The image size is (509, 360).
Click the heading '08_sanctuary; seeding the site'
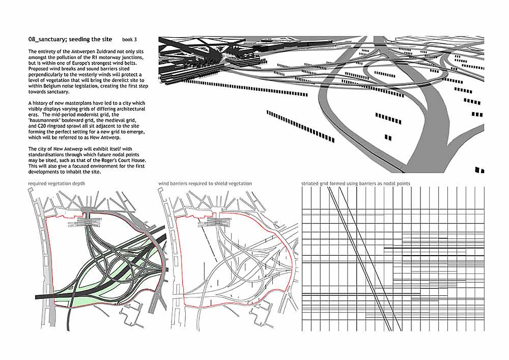[70, 39]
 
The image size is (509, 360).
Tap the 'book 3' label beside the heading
[129, 40]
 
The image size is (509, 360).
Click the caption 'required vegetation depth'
[56, 183]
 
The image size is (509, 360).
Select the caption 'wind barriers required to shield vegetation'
[205, 183]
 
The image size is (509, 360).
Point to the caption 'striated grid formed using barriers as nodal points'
[355, 183]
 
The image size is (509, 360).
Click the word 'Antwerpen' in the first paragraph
[76, 51]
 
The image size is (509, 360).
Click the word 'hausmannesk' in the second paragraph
[44, 121]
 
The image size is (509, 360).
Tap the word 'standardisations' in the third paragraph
[46, 154]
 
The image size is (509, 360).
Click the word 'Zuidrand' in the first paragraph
[98, 51]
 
